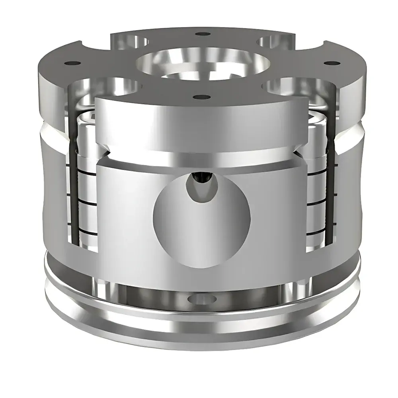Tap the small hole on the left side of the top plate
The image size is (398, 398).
(72, 63)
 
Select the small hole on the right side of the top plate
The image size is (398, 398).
(329, 63)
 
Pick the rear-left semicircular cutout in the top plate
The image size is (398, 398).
(131, 40)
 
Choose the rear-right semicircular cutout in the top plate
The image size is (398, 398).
(275, 40)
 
